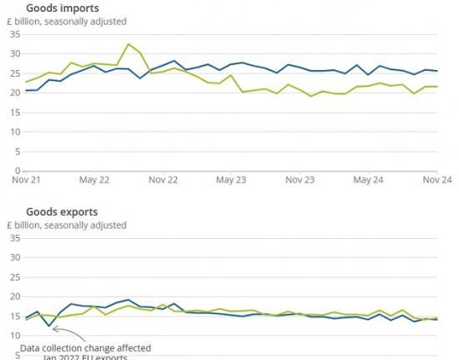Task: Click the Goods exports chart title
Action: (62, 212)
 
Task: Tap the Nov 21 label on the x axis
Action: (26, 179)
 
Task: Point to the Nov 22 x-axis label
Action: (162, 179)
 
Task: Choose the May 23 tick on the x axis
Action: (230, 179)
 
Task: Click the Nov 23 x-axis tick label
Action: (299, 179)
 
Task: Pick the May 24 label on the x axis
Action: (367, 179)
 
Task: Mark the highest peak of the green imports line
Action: (128, 44)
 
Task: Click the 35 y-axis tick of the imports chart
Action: (14, 34)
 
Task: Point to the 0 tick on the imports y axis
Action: (17, 171)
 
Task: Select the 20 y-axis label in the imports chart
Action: (14, 93)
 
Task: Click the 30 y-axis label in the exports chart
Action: (14, 257)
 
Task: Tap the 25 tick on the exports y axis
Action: (14, 276)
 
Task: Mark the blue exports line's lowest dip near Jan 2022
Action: (49, 326)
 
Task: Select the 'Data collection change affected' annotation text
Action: (85, 347)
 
